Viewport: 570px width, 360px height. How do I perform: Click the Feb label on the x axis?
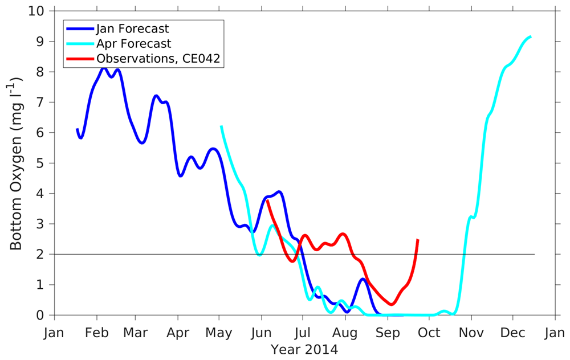click(x=97, y=333)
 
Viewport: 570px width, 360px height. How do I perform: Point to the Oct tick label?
click(x=430, y=333)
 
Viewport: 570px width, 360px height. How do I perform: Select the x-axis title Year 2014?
click(x=304, y=349)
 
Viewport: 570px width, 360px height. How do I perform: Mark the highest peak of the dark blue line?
click(x=104, y=67)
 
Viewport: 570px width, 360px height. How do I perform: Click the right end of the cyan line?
click(x=531, y=36)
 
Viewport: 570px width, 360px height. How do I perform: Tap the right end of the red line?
click(x=418, y=240)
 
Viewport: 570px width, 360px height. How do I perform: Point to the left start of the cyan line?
click(x=221, y=126)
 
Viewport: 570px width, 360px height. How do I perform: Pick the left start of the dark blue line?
click(x=78, y=129)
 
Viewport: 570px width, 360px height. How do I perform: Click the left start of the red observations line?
click(x=267, y=201)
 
